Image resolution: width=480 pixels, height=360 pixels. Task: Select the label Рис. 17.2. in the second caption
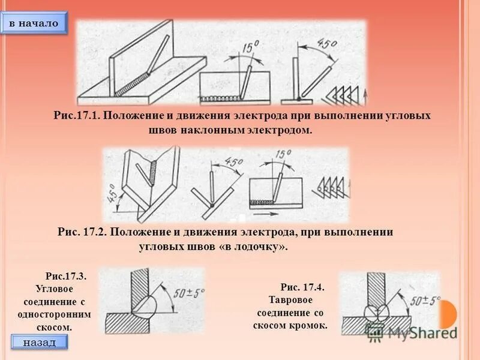[82, 232]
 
